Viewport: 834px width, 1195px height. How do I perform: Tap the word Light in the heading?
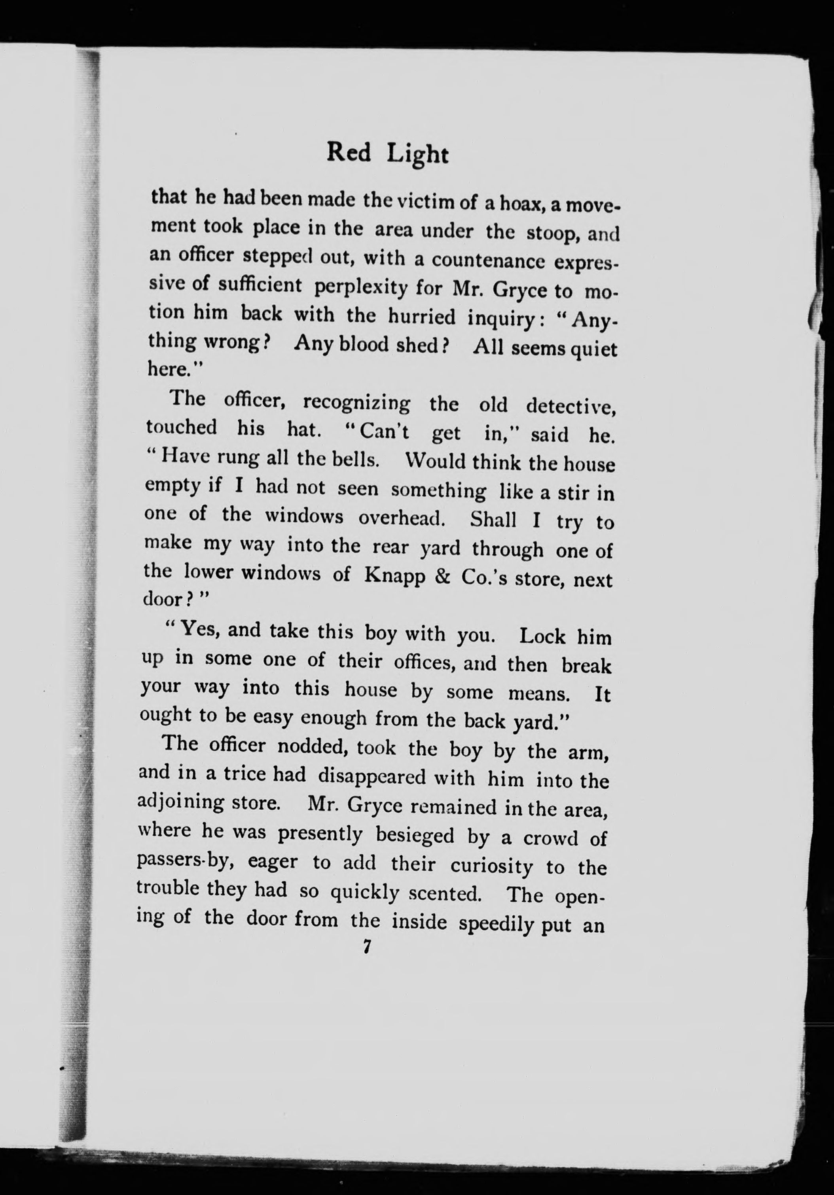pyautogui.click(x=418, y=155)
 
